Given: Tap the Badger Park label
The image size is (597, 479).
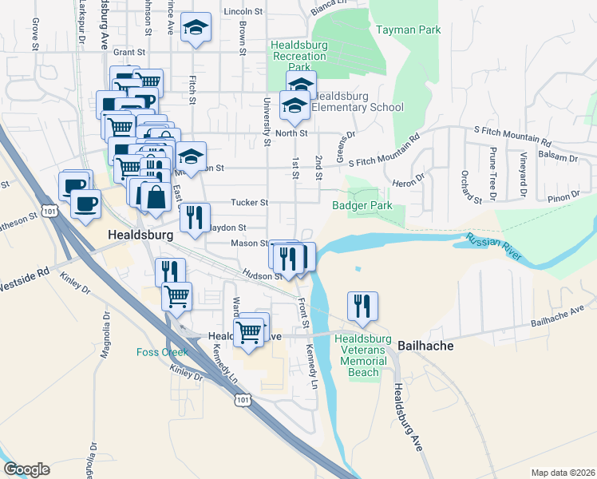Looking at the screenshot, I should (362, 205).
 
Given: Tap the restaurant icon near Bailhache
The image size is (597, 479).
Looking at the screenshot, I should (362, 306).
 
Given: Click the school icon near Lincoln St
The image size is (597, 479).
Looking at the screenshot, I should (195, 29).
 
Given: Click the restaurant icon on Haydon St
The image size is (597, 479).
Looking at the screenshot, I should (195, 218).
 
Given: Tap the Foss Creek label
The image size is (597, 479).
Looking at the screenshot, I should (162, 352).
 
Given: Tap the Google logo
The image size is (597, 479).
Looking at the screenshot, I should (26, 469).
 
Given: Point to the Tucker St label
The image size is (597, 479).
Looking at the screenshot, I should (249, 203).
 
